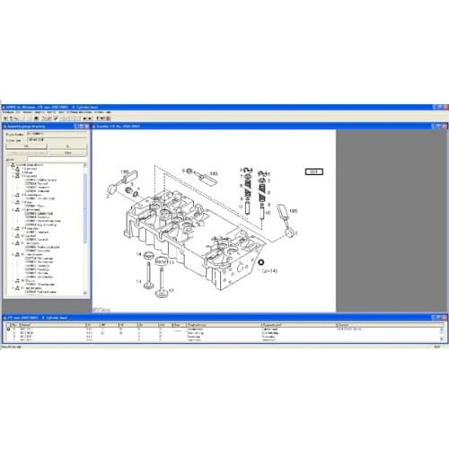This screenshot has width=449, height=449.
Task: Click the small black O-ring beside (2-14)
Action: [261, 264]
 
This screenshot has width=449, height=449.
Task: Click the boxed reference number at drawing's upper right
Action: [313, 171]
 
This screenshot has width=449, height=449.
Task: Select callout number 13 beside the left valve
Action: [139, 281]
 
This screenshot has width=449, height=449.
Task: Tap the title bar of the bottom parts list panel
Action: [54, 317]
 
